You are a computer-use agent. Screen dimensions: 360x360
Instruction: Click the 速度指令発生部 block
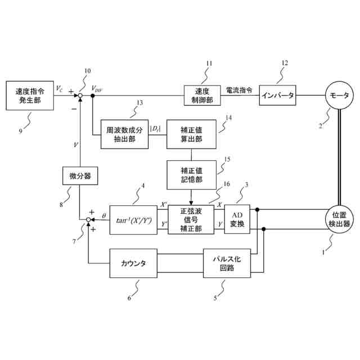point(29,96)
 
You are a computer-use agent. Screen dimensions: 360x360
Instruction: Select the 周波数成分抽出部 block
point(125,134)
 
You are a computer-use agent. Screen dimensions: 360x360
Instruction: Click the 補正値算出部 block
point(192,134)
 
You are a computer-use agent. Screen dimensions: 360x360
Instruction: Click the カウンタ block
point(133,263)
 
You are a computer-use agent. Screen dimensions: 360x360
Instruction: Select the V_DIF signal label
point(97,88)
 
